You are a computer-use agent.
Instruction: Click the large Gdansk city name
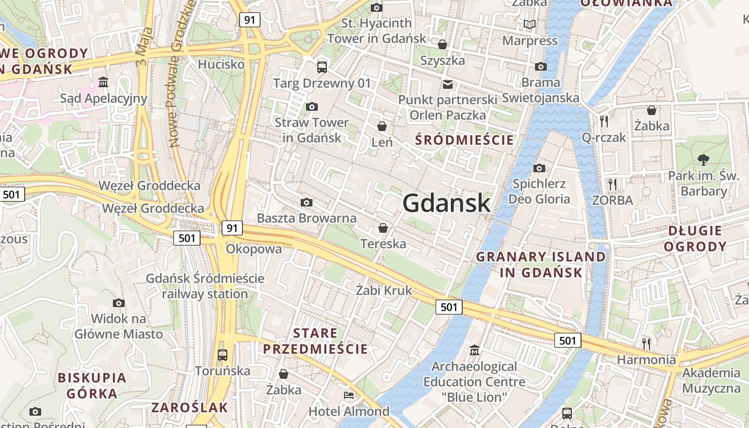446,203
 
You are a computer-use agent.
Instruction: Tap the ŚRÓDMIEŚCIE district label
464,140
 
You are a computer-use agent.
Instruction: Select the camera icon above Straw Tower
312,107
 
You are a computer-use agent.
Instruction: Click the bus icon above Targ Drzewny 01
322,67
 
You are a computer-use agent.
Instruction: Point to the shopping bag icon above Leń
382,126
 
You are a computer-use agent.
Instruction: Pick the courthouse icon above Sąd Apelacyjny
103,82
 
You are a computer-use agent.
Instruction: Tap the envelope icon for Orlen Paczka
447,84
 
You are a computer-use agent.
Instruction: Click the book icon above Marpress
530,25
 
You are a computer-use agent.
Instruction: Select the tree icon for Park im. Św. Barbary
703,159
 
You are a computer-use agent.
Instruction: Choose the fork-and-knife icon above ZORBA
613,184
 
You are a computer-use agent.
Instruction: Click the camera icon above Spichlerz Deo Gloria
539,169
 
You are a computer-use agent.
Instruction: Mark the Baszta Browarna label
307,218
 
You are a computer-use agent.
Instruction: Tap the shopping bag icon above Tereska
383,228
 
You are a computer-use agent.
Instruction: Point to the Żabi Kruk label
384,291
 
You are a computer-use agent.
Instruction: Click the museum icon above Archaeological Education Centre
474,350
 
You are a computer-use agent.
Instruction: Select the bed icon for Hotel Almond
348,395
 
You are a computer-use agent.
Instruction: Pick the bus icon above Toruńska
222,355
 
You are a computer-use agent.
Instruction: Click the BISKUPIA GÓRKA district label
92,386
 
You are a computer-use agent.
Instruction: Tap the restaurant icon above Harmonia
646,343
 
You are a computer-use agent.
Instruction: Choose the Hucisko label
221,65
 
